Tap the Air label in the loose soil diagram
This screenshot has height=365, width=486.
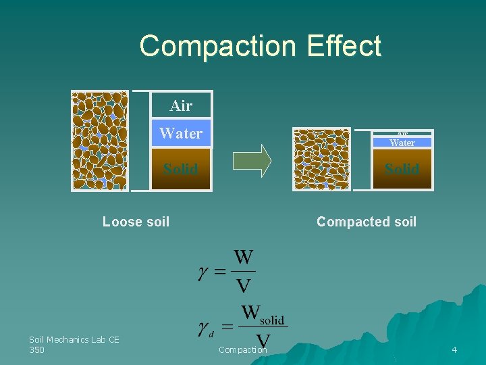pyautogui.click(x=181, y=105)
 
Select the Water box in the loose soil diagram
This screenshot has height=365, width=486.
pyautogui.click(x=181, y=133)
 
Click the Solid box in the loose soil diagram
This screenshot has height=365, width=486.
pyautogui.click(x=181, y=168)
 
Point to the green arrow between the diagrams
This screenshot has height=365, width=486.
pyautogui.click(x=251, y=161)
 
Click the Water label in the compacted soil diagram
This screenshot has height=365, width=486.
pyautogui.click(x=402, y=143)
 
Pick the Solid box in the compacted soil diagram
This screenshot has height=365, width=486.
pyautogui.click(x=402, y=169)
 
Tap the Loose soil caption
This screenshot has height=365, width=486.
pyautogui.click(x=136, y=222)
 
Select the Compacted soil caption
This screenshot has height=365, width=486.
pyautogui.click(x=367, y=222)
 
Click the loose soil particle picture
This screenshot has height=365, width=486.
pyautogui.click(x=100, y=141)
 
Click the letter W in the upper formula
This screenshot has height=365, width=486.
pyautogui.click(x=244, y=258)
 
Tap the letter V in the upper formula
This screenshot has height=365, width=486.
pyautogui.click(x=243, y=286)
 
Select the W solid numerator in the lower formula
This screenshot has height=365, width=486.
pyautogui.click(x=263, y=314)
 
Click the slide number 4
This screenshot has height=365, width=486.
pyautogui.click(x=454, y=349)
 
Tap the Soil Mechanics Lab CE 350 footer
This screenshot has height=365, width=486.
pyautogui.click(x=74, y=344)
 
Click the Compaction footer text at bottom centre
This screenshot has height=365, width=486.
pyautogui.click(x=242, y=349)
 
